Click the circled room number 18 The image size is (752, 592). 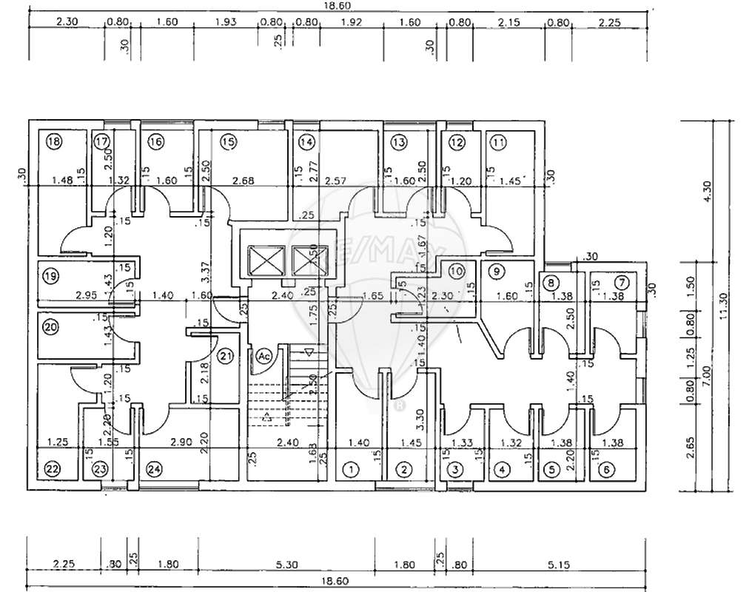(x=53, y=141)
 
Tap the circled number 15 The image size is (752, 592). (x=227, y=141)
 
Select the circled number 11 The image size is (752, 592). (x=498, y=141)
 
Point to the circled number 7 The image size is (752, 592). (x=622, y=282)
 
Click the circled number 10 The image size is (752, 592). (x=456, y=271)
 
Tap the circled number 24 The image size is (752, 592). (x=154, y=468)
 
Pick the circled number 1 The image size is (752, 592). (x=351, y=468)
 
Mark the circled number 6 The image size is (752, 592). (x=606, y=468)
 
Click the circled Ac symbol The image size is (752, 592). (x=264, y=356)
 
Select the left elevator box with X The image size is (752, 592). (x=266, y=260)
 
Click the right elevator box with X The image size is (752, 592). (x=307, y=260)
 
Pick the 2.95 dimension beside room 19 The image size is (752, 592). (x=87, y=296)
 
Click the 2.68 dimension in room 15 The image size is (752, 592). (x=244, y=181)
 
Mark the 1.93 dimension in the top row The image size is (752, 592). (x=226, y=22)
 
